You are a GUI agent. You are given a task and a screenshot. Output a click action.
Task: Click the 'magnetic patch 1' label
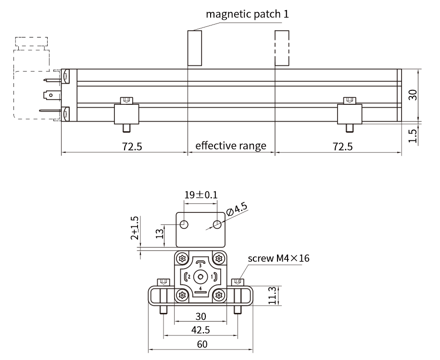point(247,14)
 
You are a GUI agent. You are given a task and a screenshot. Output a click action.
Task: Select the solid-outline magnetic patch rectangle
point(195,48)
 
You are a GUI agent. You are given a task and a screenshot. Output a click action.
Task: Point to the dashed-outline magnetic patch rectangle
point(282,48)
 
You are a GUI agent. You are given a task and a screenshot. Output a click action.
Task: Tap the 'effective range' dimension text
point(231,146)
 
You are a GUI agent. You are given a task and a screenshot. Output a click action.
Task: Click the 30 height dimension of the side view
point(413,95)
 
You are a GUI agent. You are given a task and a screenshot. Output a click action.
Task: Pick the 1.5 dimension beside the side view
point(413,136)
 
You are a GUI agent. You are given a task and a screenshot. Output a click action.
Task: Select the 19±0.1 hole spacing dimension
point(201,195)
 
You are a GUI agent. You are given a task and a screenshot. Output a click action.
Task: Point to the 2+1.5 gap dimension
point(135,228)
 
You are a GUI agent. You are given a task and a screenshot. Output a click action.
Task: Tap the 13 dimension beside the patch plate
point(159,234)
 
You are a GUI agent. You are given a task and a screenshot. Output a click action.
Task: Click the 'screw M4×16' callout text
point(278,258)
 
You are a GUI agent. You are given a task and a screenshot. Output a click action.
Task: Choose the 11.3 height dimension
point(272,296)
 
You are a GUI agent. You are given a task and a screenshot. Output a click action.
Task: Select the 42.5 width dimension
point(201,330)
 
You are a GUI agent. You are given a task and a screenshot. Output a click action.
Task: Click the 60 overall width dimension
point(202,344)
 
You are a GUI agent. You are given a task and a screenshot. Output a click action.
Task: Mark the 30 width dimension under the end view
point(201,316)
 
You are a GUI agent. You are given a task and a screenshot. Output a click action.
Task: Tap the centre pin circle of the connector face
point(201,277)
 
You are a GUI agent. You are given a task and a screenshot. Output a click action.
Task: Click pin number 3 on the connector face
point(200,265)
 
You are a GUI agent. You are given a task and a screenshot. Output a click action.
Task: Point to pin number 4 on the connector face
point(201,288)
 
